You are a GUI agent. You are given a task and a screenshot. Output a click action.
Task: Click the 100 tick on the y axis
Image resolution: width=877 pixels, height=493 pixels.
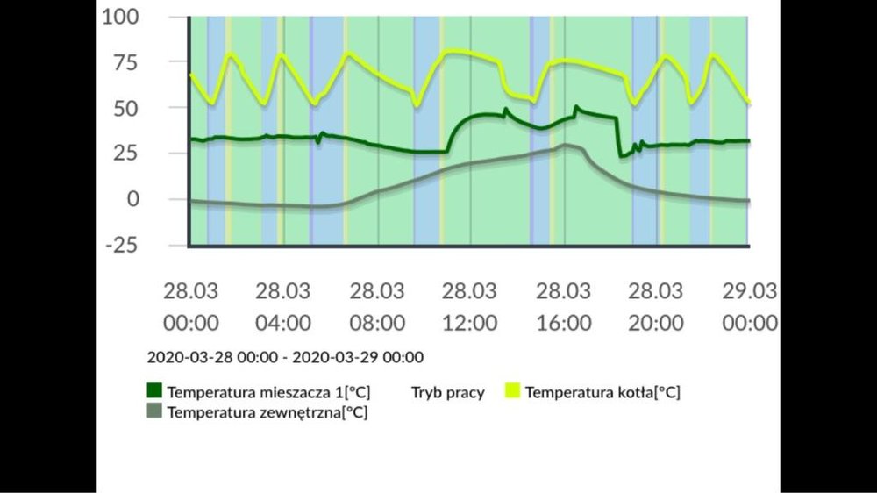(x=120, y=17)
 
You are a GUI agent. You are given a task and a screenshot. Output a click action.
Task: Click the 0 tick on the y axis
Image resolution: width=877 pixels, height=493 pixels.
(x=132, y=199)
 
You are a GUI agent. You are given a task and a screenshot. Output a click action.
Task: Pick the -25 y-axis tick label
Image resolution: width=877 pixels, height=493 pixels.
(x=121, y=245)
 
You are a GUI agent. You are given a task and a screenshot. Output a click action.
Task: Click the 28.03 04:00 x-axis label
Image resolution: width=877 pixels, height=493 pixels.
(x=283, y=306)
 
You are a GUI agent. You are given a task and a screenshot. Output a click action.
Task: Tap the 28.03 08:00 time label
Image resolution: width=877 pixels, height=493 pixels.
(x=377, y=306)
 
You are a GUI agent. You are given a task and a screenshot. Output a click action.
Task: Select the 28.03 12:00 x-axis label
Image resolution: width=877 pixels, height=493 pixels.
(x=470, y=306)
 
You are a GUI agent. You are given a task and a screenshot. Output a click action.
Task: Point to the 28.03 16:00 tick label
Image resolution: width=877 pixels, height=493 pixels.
(x=564, y=306)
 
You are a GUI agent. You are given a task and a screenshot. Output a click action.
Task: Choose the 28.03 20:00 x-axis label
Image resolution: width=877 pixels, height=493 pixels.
(x=657, y=306)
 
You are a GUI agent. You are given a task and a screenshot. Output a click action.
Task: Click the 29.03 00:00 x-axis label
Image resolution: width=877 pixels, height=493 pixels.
(x=750, y=306)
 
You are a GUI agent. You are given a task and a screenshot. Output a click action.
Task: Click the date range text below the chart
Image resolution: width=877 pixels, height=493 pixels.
(x=285, y=358)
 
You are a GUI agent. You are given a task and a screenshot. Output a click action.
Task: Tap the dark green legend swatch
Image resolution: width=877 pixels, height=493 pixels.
(x=155, y=391)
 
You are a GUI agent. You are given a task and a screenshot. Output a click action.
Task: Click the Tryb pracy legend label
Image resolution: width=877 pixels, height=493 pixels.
(x=448, y=392)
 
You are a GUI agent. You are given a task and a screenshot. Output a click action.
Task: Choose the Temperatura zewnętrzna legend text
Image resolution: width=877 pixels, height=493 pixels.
(x=267, y=411)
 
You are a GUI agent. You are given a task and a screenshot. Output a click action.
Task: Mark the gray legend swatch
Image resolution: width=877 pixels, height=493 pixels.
(x=155, y=411)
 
